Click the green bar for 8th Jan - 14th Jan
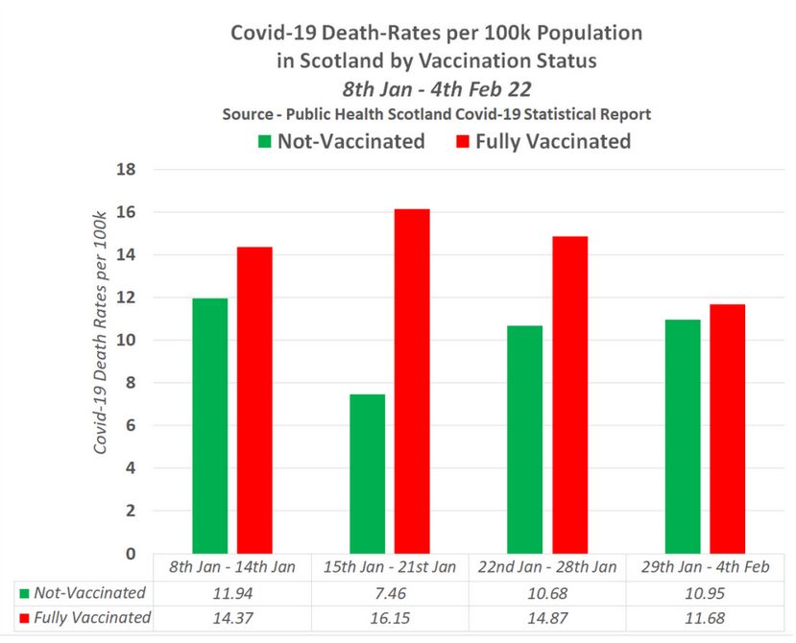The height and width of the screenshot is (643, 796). pos(209,426)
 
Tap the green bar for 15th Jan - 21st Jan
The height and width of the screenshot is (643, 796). pos(367,474)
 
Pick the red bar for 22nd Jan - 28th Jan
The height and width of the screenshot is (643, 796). pos(569,394)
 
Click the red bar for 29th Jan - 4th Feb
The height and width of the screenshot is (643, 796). pos(727,429)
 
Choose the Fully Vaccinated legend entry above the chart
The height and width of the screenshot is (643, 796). pos(543,141)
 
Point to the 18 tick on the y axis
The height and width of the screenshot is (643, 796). pos(126,170)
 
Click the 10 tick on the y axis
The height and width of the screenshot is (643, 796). pos(126,341)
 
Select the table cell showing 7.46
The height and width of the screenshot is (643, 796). pos(390,593)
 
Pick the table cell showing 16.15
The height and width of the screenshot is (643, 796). pos(390,618)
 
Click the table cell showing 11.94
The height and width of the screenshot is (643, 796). pos(231,593)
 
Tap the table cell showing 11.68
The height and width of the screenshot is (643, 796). pos(706,618)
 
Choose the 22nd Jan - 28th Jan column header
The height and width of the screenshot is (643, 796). pos(547,567)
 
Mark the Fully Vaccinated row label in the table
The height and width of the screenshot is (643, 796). pos(84,618)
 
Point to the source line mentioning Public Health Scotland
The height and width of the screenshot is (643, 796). pos(437,114)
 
